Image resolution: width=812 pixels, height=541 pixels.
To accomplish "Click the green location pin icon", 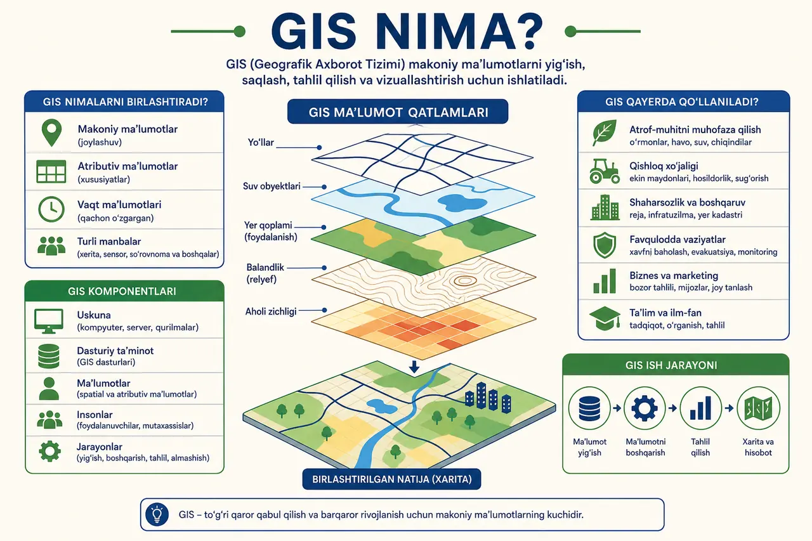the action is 51,133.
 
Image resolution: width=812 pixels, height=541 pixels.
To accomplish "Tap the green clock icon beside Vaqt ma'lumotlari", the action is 51,209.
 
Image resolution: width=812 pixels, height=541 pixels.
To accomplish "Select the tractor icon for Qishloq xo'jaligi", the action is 605,171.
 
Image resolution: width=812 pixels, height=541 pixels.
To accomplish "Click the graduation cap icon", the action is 605,318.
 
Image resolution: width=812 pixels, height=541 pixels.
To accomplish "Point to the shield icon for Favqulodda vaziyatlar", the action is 605,245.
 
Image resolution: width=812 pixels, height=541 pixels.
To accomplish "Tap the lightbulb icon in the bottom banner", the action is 157,514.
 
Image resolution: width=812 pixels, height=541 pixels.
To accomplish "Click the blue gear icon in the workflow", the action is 644,408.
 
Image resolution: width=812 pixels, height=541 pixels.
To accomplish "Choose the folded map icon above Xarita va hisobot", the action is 758,408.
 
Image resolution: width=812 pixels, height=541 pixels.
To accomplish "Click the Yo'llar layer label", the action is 261,143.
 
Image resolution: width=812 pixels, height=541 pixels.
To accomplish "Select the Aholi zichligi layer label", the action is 271,311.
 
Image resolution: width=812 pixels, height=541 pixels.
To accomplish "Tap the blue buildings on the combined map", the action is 488,398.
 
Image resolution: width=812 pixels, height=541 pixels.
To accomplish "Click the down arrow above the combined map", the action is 414,367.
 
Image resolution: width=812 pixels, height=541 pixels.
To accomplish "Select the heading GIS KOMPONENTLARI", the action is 122,291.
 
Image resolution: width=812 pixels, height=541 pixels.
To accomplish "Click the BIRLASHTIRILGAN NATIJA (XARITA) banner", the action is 392,479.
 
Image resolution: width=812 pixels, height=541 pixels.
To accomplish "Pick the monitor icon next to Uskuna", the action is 49,321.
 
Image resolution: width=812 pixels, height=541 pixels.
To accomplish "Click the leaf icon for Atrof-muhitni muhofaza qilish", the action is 605,133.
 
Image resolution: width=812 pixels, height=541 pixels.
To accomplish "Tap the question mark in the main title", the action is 529,32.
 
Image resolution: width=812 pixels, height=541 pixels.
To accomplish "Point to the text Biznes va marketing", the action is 674,275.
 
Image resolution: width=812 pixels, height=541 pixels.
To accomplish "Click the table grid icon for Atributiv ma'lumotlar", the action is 51,171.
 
